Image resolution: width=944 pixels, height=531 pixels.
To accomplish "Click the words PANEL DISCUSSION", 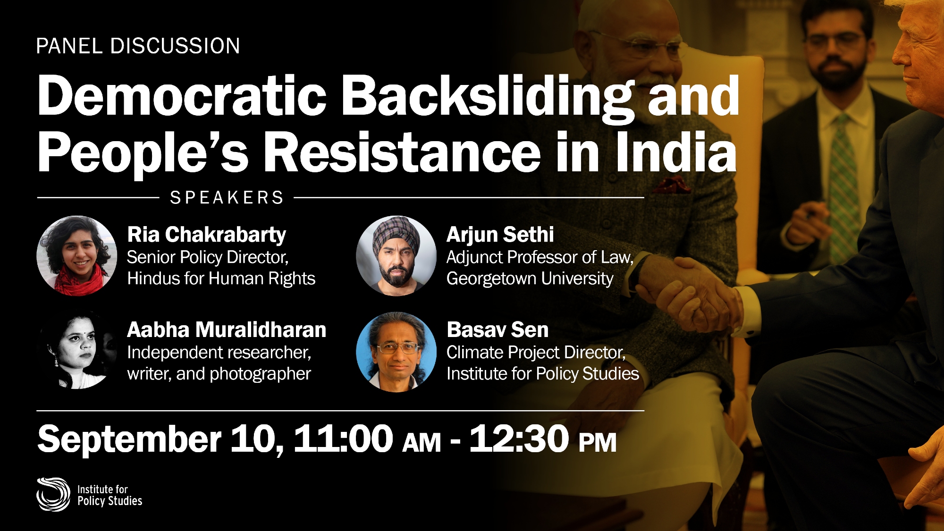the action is pyautogui.click(x=138, y=46).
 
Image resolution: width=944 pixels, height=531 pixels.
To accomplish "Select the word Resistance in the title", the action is pyautogui.click(x=402, y=152).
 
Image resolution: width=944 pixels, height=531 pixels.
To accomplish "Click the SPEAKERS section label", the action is pyautogui.click(x=227, y=197).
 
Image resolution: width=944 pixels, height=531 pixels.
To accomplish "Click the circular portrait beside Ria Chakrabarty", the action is pyautogui.click(x=77, y=256).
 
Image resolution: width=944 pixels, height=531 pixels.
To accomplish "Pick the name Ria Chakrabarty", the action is pyautogui.click(x=207, y=235).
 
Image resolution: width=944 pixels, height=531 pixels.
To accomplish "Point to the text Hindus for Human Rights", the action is pyautogui.click(x=221, y=278).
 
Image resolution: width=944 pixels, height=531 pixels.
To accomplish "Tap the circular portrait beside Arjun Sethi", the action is pyautogui.click(x=396, y=256).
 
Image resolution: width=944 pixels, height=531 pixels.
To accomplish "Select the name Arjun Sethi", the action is pyautogui.click(x=500, y=235).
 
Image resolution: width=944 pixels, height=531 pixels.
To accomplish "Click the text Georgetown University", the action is pyautogui.click(x=530, y=278).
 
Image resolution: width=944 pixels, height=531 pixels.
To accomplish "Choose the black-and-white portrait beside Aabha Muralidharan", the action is pyautogui.click(x=77, y=352).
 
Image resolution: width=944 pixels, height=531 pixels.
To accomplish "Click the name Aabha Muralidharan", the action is pyautogui.click(x=227, y=329).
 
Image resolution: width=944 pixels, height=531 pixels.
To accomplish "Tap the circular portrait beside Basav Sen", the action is pyautogui.click(x=396, y=352).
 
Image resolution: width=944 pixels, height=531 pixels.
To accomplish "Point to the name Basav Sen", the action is pyautogui.click(x=497, y=329).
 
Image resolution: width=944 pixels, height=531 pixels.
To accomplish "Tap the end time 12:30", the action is pyautogui.click(x=519, y=438).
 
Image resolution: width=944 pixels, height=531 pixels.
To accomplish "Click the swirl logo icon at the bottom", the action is pyautogui.click(x=53, y=494).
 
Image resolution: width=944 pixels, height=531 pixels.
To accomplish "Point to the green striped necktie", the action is pyautogui.click(x=843, y=184).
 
